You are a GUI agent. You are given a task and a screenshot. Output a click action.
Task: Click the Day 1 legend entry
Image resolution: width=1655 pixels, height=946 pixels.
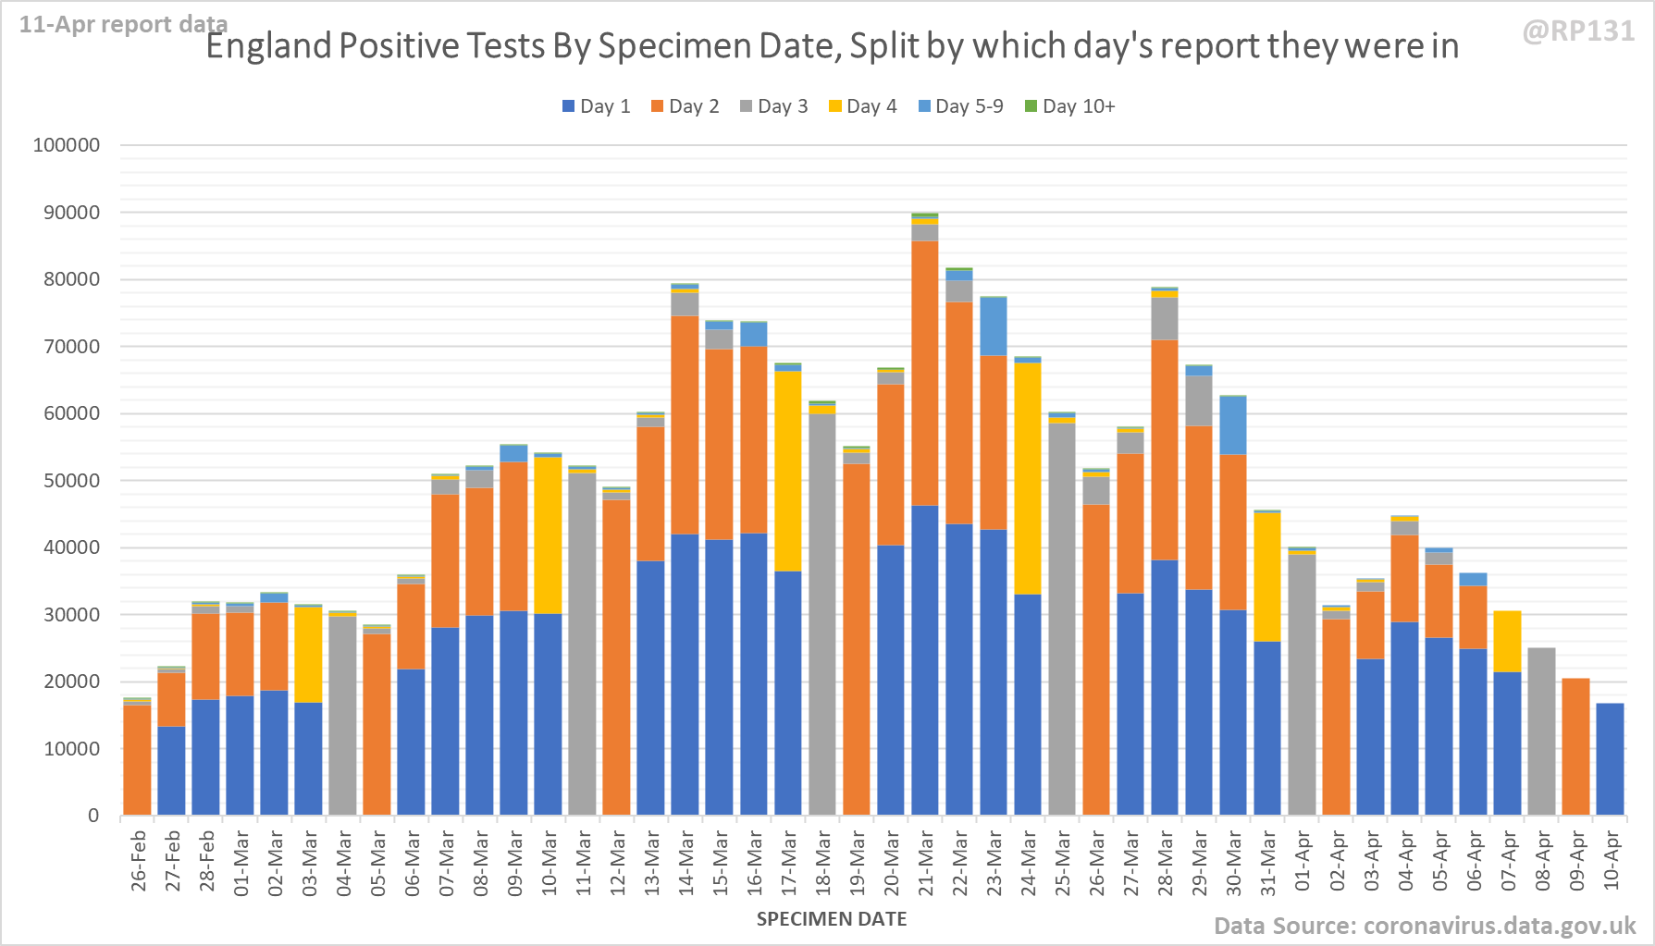596,106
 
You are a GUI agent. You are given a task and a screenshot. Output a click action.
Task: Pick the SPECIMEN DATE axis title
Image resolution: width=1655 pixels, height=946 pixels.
831,919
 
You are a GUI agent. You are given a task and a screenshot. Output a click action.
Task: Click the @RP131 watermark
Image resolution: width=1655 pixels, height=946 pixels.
1578,31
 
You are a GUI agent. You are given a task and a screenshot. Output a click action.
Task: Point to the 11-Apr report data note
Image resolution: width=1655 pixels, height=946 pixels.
123,25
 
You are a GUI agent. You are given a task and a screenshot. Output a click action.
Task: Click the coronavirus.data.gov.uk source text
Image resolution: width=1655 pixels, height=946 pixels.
1425,926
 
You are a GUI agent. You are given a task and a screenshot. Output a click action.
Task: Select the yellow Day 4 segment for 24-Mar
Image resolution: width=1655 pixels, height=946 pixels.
1028,478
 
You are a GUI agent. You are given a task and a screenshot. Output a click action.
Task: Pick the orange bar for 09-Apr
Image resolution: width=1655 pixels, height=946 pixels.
1575,746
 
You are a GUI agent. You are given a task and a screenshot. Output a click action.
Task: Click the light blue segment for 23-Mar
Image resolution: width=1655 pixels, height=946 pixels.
994,326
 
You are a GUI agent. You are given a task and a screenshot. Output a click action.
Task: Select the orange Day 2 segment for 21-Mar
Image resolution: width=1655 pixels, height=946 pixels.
925,373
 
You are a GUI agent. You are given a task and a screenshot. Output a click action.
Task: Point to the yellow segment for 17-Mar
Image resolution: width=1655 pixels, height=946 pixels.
788,471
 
